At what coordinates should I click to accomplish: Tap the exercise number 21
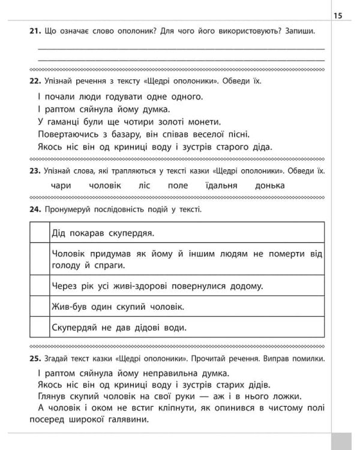(34, 31)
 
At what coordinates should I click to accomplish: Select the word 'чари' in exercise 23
(62, 185)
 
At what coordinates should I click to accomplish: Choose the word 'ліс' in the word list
(145, 185)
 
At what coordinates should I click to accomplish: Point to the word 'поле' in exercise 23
(178, 185)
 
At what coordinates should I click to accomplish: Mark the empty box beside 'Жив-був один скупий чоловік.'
(39, 306)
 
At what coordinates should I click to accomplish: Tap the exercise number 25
(34, 359)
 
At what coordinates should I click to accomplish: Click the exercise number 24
(34, 209)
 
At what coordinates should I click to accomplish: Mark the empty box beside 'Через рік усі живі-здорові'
(39, 286)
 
